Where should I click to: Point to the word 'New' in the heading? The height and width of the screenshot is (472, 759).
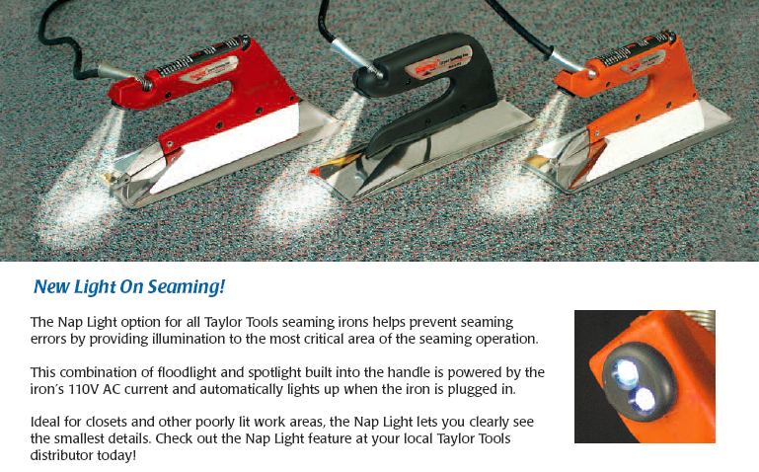point(50,287)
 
